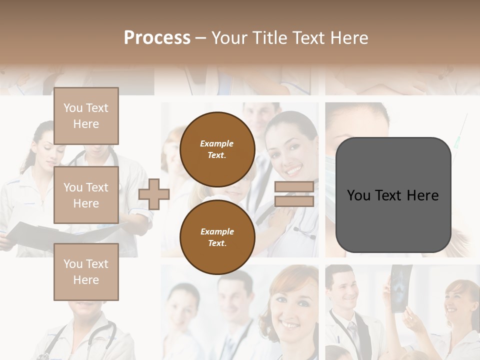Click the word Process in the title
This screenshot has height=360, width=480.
coord(157,38)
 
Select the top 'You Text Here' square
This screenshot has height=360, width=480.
coord(86,116)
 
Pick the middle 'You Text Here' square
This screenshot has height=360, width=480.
coord(86,195)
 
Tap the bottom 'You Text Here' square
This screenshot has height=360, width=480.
coord(86,272)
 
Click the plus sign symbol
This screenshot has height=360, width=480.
coord(154,194)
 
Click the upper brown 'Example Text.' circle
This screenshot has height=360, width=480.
coord(217,149)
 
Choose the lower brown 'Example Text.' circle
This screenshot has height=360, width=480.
coord(217,237)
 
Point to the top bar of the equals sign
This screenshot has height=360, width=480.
coord(294,186)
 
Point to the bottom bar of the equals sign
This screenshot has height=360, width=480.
coord(294,201)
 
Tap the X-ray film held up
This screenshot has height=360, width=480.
coord(401,287)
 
